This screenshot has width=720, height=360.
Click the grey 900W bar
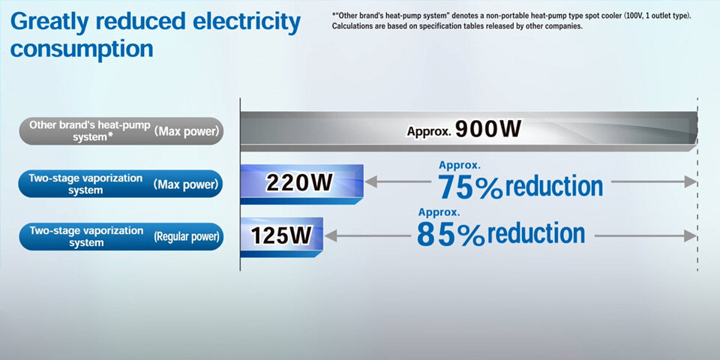pos(469,131)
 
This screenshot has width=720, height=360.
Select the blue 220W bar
pos(302,184)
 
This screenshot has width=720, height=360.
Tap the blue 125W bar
pos(282,237)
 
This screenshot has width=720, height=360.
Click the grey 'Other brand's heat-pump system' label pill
pos(121,131)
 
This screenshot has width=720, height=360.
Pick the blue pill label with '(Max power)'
pos(121,184)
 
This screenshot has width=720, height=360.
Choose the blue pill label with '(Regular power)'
pos(121,236)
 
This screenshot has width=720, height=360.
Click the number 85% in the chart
pos(450,235)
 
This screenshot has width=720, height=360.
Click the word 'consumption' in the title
pos(82,49)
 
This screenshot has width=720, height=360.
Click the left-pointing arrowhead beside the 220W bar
pos(371,181)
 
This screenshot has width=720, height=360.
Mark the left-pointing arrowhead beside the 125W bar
pos(331,236)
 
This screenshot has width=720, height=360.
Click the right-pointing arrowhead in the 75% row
pos(691,181)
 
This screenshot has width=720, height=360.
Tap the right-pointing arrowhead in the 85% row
pos(691,236)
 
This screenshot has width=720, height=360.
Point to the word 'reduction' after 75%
pos(554,186)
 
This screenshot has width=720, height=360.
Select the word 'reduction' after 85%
pos(535,232)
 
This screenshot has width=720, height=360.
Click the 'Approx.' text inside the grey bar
pos(428,131)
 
